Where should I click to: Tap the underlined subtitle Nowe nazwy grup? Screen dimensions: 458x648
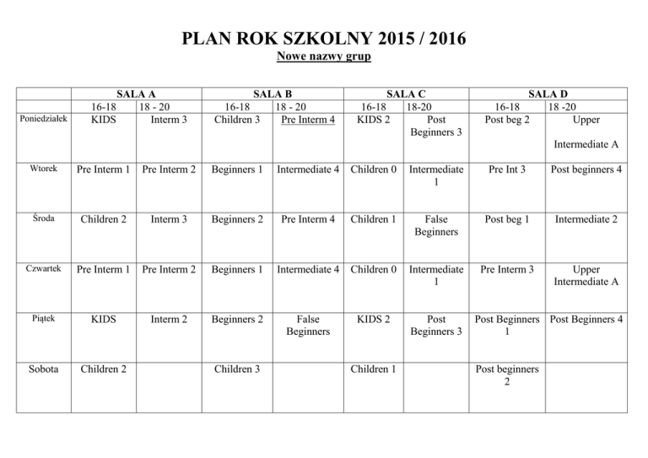(324, 57)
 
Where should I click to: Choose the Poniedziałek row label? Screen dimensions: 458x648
(43, 121)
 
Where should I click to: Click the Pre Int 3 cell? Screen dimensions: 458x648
(508, 169)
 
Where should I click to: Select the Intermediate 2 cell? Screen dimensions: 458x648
(586, 220)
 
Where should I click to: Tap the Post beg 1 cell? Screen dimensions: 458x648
(508, 220)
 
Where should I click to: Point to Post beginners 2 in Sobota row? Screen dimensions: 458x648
(508, 375)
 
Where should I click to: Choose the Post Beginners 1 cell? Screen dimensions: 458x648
(508, 326)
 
